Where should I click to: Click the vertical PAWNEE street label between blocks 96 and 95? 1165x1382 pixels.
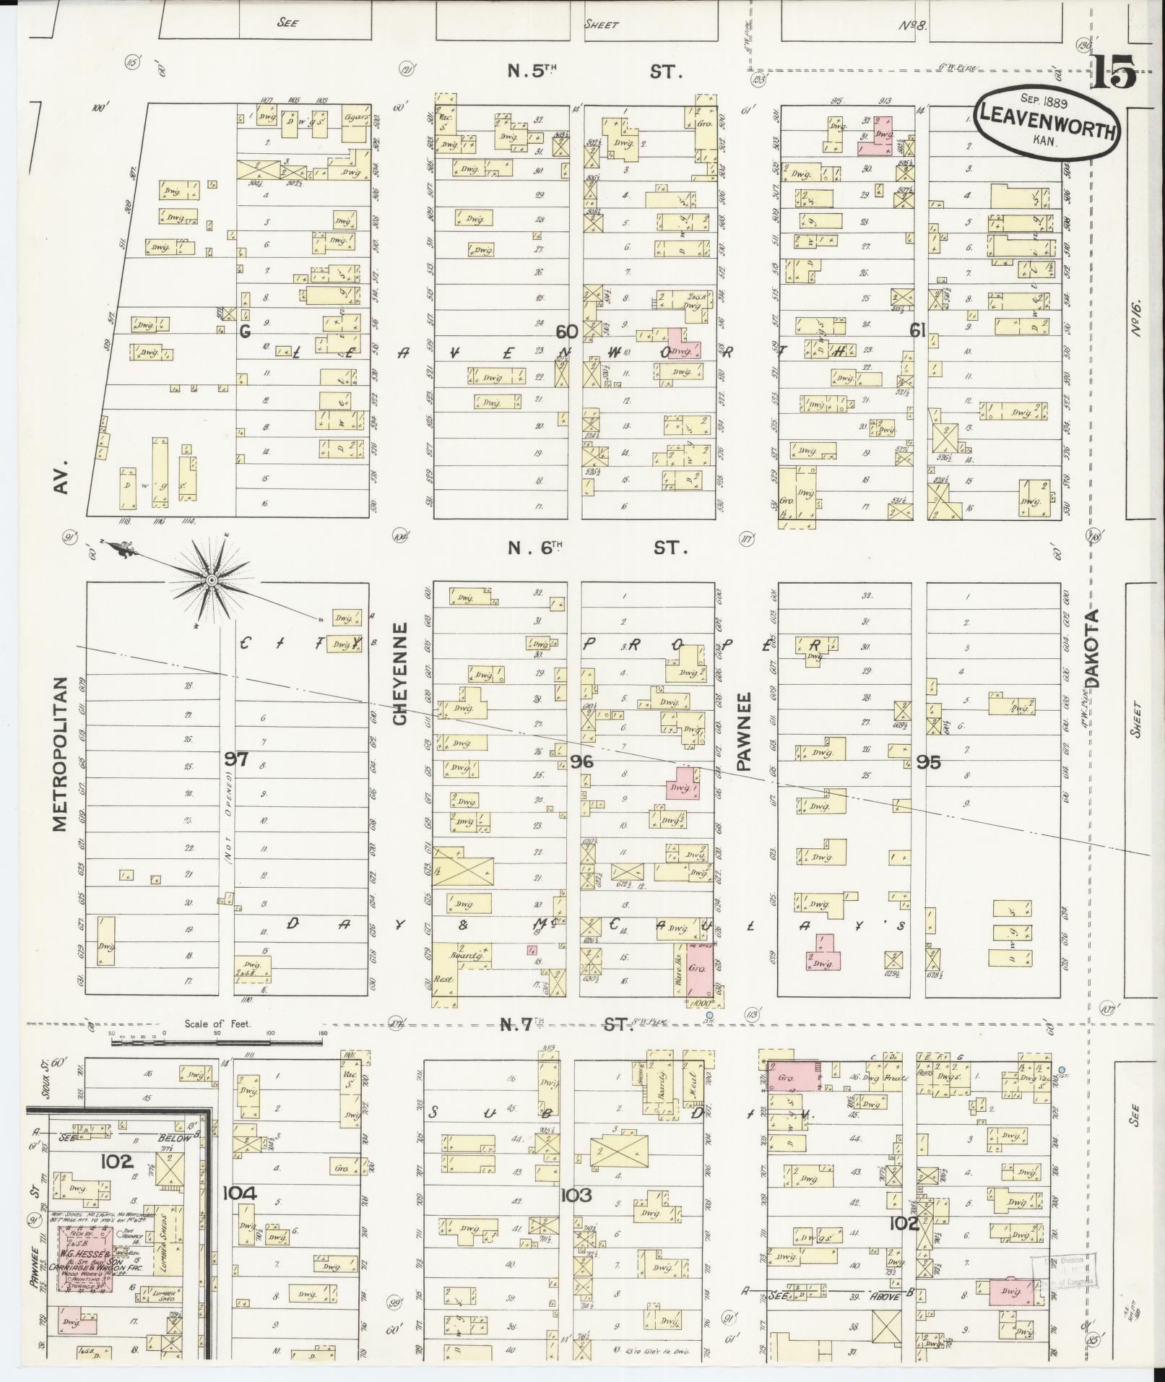(x=744, y=731)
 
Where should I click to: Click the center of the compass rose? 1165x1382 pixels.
(x=211, y=580)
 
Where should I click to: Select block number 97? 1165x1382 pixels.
(x=236, y=759)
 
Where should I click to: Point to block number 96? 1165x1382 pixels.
(x=581, y=761)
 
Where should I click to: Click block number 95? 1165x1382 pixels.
(x=928, y=761)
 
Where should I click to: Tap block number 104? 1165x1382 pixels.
(x=239, y=1193)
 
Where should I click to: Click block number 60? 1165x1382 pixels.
(x=567, y=331)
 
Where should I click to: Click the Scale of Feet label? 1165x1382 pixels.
(x=217, y=1023)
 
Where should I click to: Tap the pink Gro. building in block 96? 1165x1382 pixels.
(x=697, y=967)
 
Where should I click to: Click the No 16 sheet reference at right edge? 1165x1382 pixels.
(x=1136, y=318)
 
